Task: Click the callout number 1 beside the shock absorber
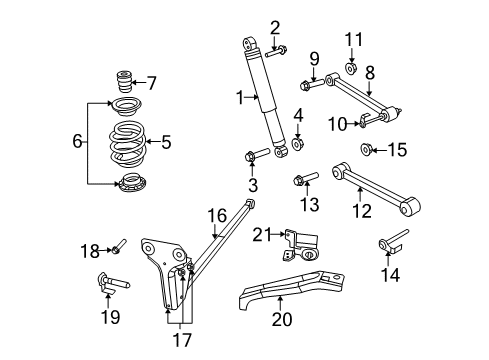[x=239, y=96]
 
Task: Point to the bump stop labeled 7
[x=127, y=80]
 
